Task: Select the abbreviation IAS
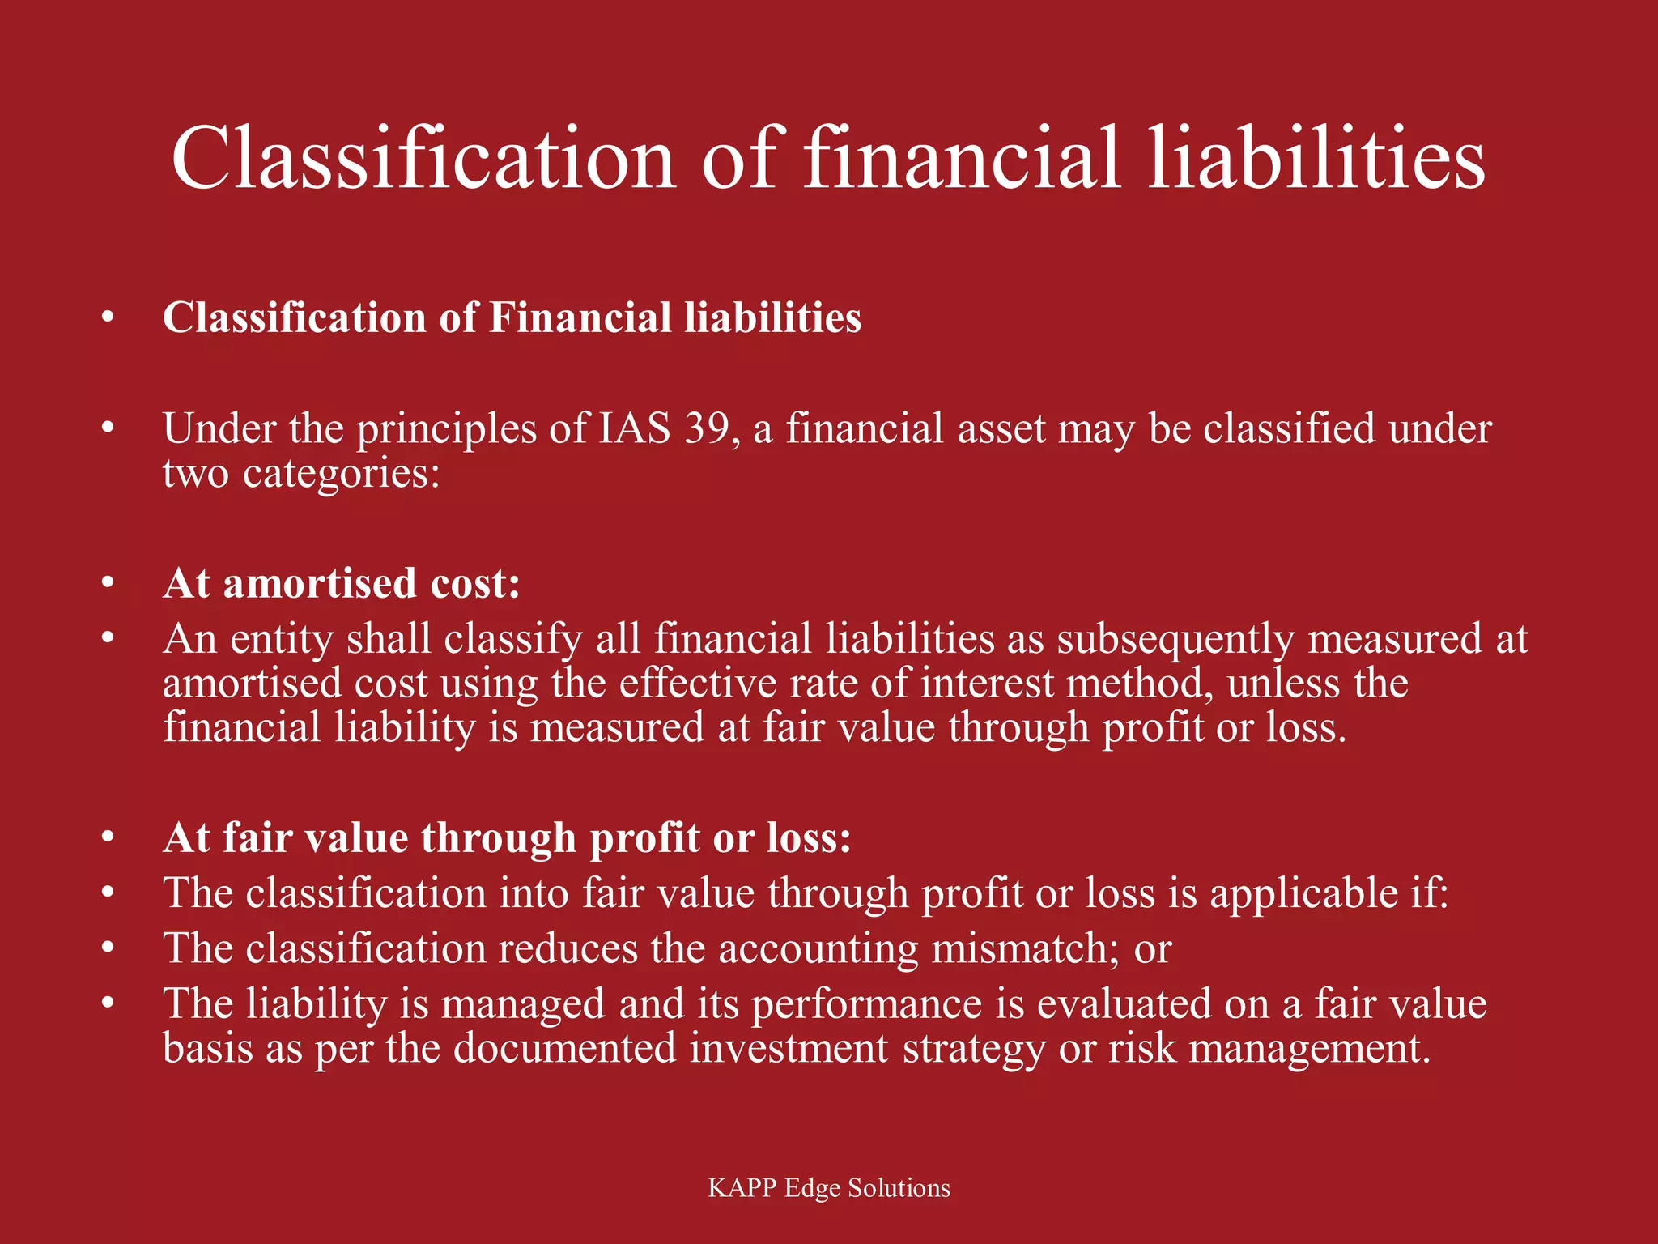pyautogui.click(x=634, y=428)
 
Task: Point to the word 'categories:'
pyautogui.click(x=341, y=474)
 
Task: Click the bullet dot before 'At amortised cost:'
pyautogui.click(x=108, y=583)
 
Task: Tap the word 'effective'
pyautogui.click(x=698, y=684)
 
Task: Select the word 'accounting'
pyautogui.click(x=818, y=948)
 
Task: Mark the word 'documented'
pyautogui.click(x=564, y=1048)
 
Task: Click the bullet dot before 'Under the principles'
pyautogui.click(x=108, y=428)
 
